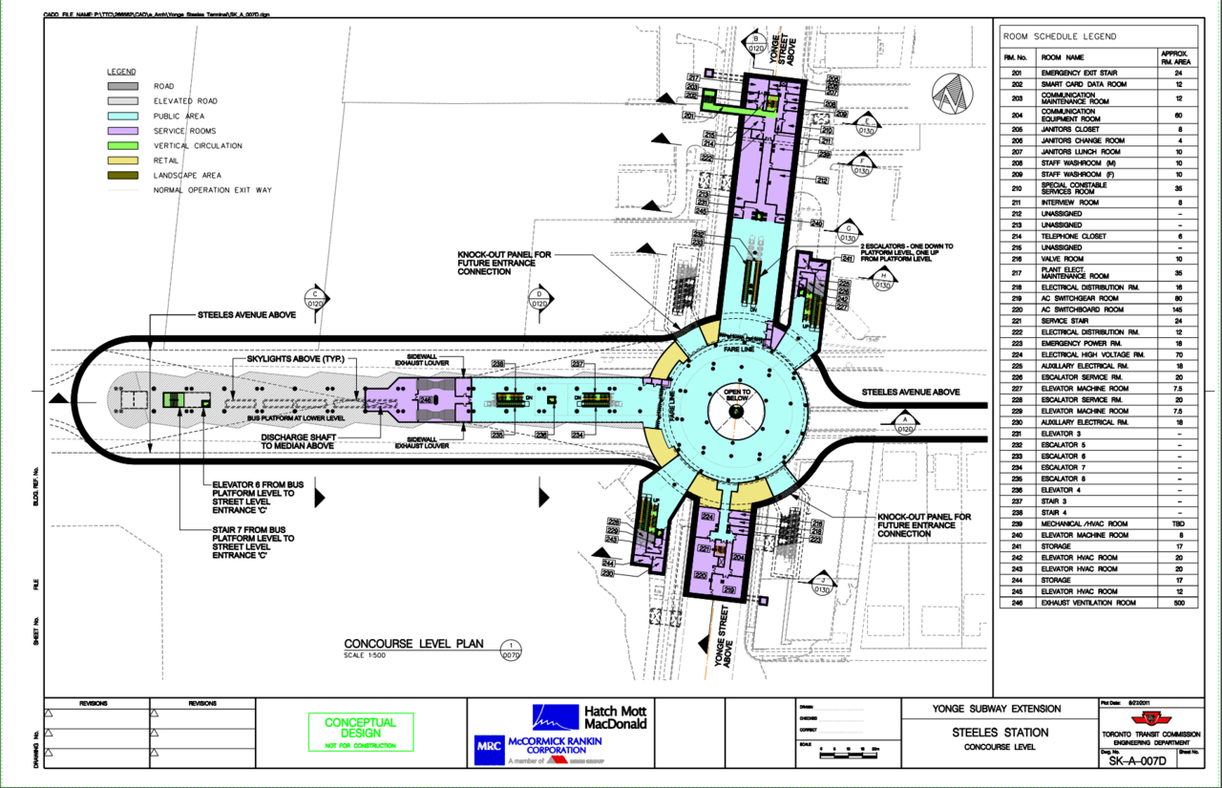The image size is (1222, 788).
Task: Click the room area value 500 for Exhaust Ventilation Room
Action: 1178,603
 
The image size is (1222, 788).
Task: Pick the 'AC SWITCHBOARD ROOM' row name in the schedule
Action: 1084,309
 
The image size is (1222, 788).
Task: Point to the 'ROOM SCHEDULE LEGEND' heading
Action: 1059,36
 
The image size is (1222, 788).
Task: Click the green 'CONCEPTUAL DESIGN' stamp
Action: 360,728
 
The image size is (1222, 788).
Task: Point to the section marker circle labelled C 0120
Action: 315,299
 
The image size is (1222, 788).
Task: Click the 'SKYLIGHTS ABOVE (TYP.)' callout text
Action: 301,358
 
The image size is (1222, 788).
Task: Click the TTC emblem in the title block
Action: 1155,716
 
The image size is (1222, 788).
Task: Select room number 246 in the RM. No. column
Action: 1017,603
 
